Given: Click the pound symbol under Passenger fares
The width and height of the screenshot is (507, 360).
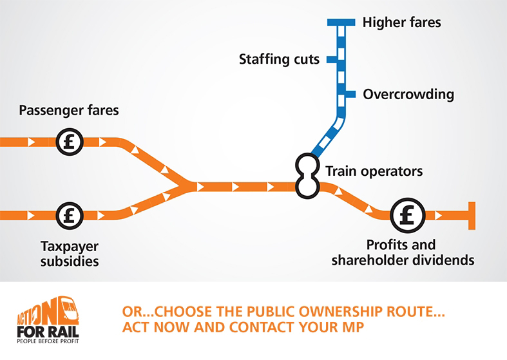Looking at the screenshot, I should (x=69, y=141).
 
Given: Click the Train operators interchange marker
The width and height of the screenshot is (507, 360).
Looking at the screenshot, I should (x=307, y=175).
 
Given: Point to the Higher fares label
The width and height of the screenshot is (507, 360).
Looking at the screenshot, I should (x=401, y=23).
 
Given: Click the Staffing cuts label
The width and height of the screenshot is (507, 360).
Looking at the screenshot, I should (x=279, y=60).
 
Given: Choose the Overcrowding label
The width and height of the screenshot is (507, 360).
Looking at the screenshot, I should (x=408, y=95).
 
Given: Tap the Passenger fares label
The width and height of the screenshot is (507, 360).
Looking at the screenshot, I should (x=69, y=110).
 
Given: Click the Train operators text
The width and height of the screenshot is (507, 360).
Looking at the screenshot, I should (x=374, y=171).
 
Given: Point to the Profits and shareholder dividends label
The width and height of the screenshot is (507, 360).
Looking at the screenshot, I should (x=403, y=253).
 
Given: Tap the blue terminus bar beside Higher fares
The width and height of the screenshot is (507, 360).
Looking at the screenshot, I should (x=341, y=23).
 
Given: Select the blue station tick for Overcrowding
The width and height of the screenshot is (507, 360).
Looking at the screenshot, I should (x=350, y=95).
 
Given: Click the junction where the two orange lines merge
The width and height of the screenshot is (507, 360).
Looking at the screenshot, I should (x=187, y=187).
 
